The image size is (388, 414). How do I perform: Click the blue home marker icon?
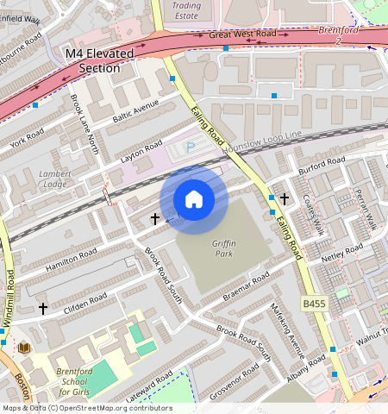[194, 199]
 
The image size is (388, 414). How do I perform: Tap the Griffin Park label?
[223, 248]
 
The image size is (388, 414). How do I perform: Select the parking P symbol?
[191, 147]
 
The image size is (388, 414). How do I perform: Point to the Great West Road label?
[242, 35]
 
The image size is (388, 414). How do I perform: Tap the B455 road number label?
[315, 304]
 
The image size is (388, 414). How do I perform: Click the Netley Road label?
[341, 254]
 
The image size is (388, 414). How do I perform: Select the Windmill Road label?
[9, 298]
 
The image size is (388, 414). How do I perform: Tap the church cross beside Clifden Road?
[43, 308]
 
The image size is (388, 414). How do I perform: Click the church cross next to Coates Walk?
[284, 199]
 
